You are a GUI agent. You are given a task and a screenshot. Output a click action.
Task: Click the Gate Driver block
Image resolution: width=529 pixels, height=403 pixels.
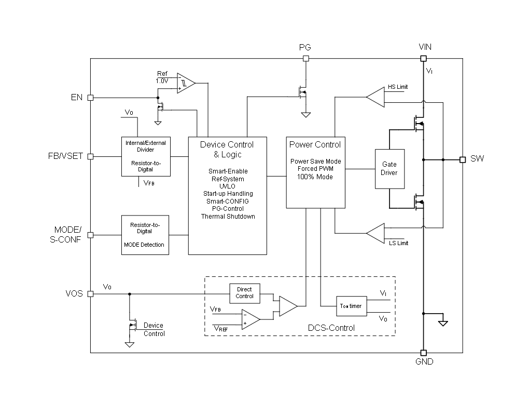(x=389, y=169)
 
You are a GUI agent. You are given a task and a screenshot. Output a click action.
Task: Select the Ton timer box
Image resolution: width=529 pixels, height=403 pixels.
(x=351, y=306)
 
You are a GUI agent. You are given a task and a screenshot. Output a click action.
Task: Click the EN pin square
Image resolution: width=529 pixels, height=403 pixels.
(x=90, y=98)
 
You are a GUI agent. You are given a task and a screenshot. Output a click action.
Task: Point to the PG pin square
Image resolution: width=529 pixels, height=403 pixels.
(x=306, y=59)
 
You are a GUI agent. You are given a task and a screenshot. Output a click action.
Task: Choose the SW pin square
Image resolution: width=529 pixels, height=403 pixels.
(x=463, y=160)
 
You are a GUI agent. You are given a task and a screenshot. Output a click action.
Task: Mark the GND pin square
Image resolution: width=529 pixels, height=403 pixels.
(x=424, y=353)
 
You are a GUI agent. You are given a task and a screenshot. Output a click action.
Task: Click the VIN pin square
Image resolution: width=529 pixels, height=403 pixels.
(x=423, y=59)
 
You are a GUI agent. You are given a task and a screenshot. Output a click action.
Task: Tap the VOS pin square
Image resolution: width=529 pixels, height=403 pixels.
(x=90, y=294)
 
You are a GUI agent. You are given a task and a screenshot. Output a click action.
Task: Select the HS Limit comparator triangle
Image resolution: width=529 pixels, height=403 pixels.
(x=375, y=97)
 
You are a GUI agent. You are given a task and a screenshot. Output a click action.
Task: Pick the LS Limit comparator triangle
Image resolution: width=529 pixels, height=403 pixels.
(x=375, y=233)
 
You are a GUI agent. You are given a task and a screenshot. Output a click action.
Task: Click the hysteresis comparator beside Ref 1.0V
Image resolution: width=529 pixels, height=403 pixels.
(x=186, y=83)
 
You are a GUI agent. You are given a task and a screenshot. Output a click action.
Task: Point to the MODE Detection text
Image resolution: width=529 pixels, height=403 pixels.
(x=144, y=245)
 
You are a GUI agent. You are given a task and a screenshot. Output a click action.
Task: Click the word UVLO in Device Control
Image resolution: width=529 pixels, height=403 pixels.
(x=227, y=186)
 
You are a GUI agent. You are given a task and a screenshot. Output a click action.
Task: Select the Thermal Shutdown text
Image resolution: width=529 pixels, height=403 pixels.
(x=228, y=217)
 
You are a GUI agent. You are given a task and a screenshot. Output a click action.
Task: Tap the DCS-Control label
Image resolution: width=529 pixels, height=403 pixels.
(x=331, y=328)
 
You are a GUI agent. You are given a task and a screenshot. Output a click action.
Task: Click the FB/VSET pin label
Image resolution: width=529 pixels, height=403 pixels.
(x=65, y=156)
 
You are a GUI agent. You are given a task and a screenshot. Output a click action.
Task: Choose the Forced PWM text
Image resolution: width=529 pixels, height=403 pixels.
(x=315, y=169)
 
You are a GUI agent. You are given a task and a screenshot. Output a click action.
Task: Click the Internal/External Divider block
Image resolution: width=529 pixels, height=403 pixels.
(x=146, y=156)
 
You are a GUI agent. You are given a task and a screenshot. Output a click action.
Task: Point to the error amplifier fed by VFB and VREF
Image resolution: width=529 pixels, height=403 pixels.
(x=250, y=319)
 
